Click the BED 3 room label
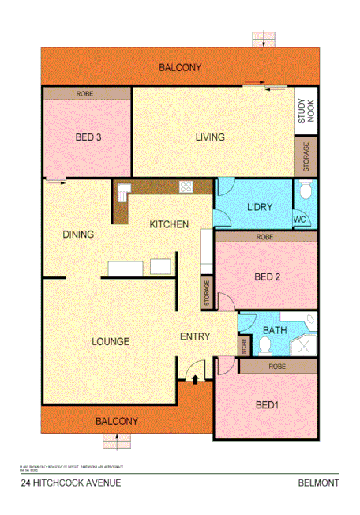(88, 137)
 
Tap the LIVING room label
(210, 137)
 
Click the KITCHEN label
(169, 225)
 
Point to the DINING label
(79, 235)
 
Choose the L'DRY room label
(260, 208)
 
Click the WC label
(299, 219)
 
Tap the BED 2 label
(268, 277)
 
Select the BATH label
(275, 330)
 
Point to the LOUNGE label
(111, 341)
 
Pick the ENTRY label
(195, 337)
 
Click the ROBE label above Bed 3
(84, 93)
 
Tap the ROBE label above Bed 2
(264, 237)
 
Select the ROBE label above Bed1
(276, 366)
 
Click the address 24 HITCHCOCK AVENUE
(71, 483)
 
